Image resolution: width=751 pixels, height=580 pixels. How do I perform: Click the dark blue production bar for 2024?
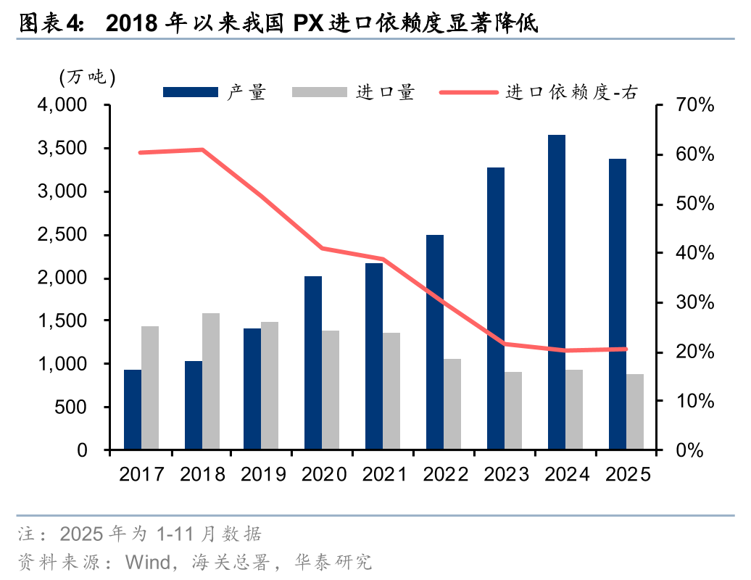[x=556, y=292]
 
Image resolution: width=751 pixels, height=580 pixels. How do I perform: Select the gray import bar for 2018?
[x=211, y=381]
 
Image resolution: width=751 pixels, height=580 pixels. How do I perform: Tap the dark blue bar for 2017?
[x=133, y=410]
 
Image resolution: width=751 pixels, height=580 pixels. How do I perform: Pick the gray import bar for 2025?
[x=635, y=412]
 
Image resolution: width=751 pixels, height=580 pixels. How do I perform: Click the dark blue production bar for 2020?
[x=313, y=362]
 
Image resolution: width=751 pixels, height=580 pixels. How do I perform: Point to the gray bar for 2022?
[x=452, y=404]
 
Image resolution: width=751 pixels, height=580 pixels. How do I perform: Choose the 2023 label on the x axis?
[x=507, y=475]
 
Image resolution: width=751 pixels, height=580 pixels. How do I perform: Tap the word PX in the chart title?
[x=308, y=24]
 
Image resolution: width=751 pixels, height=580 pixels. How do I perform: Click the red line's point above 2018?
[x=202, y=150]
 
